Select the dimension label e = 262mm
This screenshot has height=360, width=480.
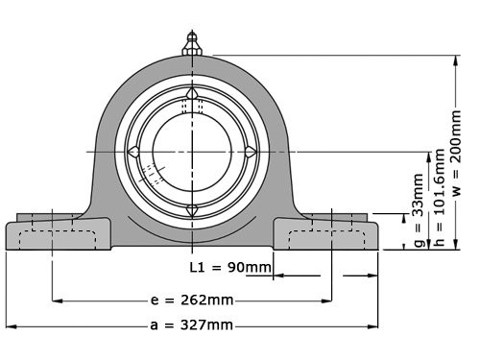click(x=192, y=300)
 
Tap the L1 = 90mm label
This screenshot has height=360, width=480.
click(x=230, y=266)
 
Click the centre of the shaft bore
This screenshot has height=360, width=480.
click(x=192, y=151)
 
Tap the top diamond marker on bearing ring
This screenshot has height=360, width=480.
click(x=192, y=93)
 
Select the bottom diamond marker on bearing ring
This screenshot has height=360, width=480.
click(x=192, y=208)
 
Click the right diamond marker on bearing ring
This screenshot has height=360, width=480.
click(x=250, y=151)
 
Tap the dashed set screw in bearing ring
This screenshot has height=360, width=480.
click(x=151, y=176)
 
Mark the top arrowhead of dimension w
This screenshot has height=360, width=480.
click(x=455, y=59)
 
